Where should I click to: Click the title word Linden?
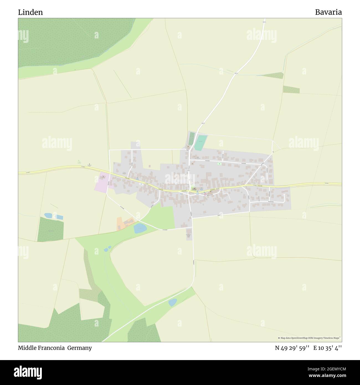coord(30,12)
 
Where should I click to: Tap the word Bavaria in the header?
coord(328,12)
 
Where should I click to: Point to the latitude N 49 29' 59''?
coord(292,348)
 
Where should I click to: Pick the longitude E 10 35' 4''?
coord(328,348)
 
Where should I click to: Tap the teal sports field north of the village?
coord(200,143)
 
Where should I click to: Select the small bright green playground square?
coord(219,164)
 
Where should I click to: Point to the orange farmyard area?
coord(120,224)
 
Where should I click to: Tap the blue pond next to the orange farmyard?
coord(139,229)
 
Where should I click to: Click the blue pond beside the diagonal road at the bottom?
coord(173,302)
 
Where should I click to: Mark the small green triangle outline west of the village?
coord(79,162)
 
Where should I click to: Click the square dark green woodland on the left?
coord(50,229)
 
